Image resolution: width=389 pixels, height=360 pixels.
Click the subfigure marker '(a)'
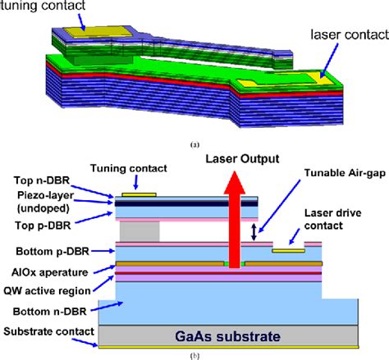click(194, 144)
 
